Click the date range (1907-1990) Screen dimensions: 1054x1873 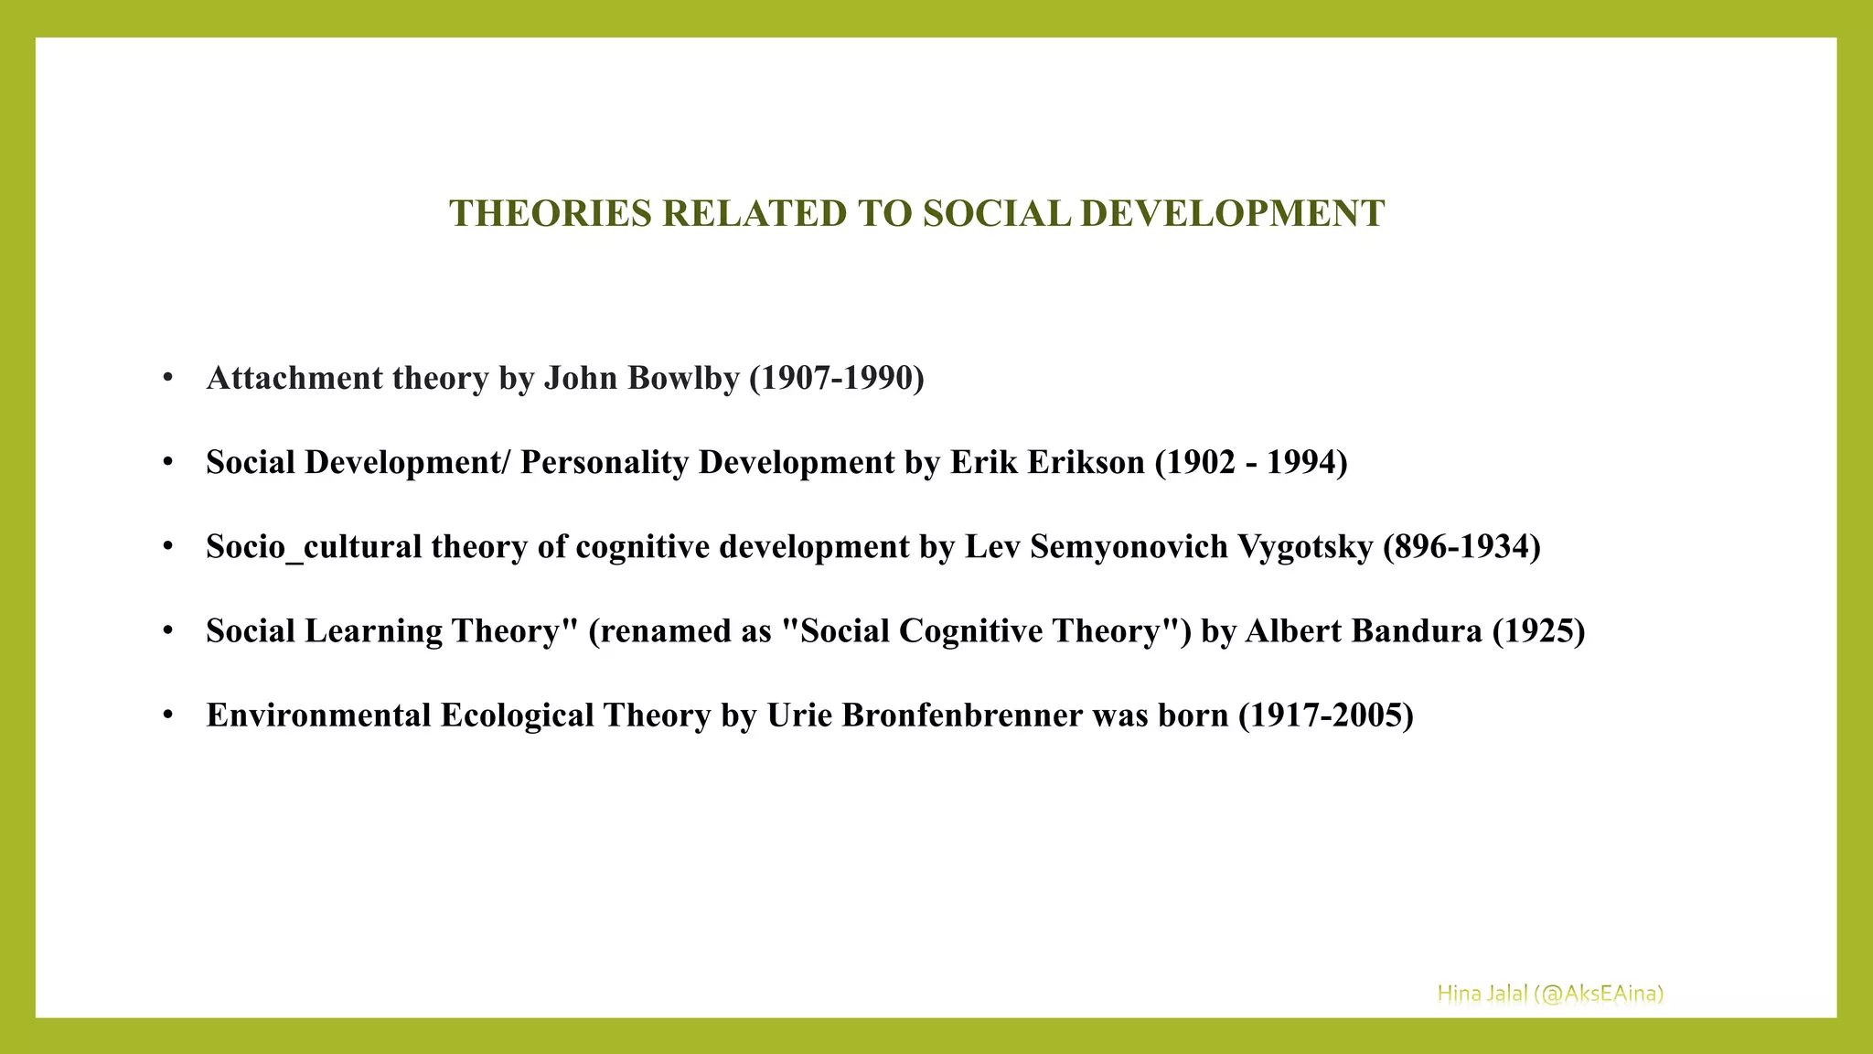[x=836, y=378]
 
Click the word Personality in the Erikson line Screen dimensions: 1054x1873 [x=604, y=462]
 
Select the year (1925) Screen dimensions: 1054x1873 [x=1538, y=630]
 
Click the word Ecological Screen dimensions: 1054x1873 [x=518, y=715]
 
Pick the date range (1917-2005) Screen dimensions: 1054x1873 [x=1325, y=715]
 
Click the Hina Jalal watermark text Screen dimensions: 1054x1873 [x=1549, y=994]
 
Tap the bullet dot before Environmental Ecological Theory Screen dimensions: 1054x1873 [x=167, y=715]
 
